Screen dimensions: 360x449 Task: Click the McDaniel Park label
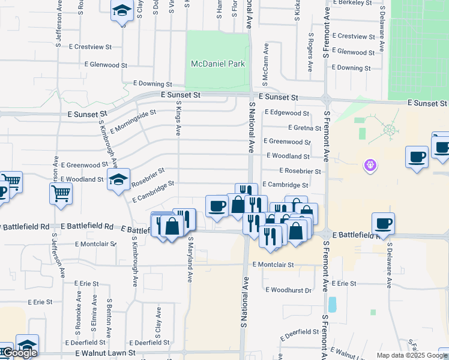pyautogui.click(x=218, y=64)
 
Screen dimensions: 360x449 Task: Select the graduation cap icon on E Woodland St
pyautogui.click(x=118, y=178)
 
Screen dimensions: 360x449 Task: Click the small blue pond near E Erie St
pyautogui.click(x=332, y=305)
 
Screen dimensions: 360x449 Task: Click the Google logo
pyautogui.click(x=20, y=353)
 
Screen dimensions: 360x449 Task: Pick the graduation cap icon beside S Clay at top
pyautogui.click(x=122, y=11)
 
